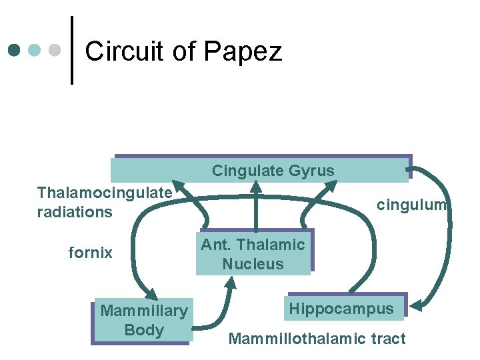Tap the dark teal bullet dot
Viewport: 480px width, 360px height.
15,51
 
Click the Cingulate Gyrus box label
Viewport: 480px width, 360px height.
273,171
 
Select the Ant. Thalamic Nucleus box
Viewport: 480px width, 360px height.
253,254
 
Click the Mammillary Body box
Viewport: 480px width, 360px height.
143,320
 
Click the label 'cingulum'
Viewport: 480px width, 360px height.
411,205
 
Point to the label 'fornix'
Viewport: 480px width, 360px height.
91,253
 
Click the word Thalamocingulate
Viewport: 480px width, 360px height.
105,193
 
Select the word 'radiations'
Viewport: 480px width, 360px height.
75,212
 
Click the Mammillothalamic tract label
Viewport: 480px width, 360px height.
317,339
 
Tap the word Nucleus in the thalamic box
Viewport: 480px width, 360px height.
253,264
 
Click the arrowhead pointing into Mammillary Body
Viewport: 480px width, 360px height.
151,293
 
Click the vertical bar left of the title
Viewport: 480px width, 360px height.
71,51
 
